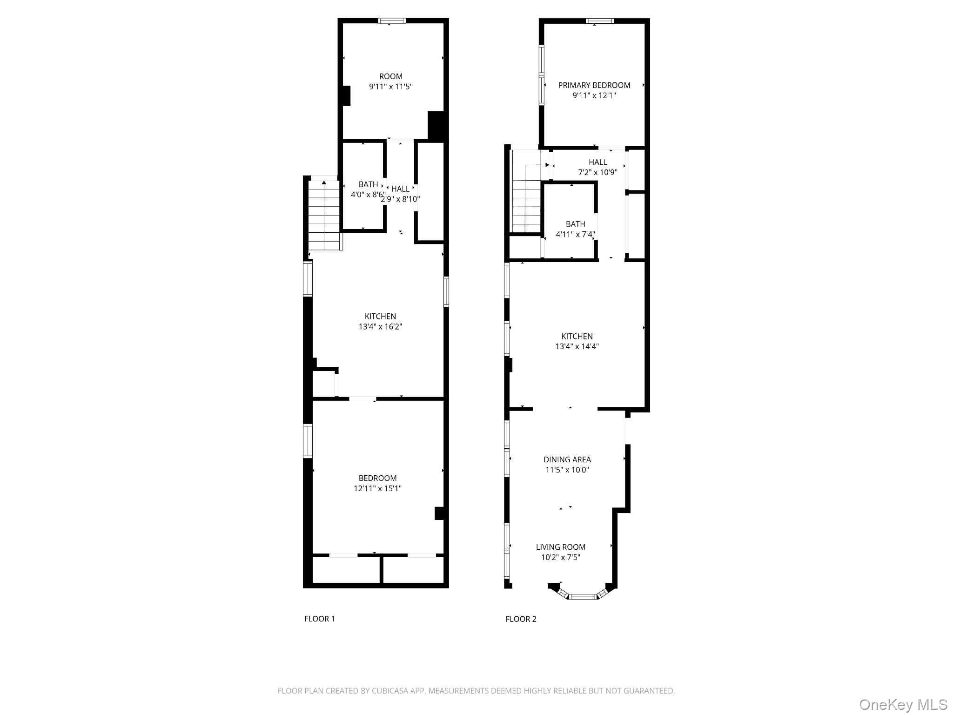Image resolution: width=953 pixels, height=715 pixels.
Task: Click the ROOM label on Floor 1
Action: click(390, 76)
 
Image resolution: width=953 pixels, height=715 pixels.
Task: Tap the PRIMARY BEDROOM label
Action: click(594, 85)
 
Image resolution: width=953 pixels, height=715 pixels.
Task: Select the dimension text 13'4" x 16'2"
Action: click(380, 327)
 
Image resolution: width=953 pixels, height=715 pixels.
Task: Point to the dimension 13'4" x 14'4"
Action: click(577, 347)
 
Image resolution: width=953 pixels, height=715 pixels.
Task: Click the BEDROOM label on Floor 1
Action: click(377, 478)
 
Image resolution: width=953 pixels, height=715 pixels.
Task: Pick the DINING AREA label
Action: click(567, 459)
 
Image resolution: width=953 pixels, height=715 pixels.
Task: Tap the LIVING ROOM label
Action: click(560, 547)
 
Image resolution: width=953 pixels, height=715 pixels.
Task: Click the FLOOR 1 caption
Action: click(319, 619)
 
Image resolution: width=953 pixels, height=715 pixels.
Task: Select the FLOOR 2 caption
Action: click(521, 619)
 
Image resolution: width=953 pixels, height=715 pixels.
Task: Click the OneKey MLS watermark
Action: click(903, 705)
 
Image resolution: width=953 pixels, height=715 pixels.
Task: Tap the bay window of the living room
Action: click(583, 596)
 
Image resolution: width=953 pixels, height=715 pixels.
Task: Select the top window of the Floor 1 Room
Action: click(392, 20)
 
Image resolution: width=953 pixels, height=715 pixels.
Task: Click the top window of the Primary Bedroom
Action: click(599, 20)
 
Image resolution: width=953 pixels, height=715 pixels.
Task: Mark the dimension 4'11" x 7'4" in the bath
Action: click(575, 235)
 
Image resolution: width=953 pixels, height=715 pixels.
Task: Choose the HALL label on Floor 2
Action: click(597, 162)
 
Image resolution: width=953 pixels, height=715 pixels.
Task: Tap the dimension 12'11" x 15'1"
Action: click(377, 488)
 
